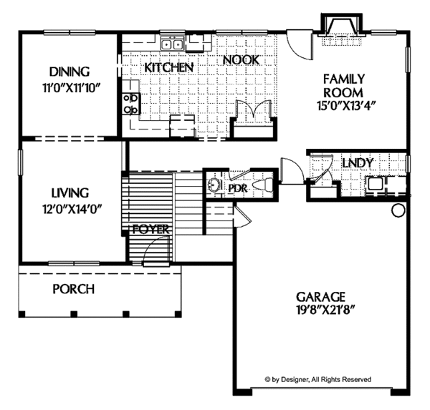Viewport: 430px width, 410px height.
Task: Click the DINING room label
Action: pyautogui.click(x=70, y=72)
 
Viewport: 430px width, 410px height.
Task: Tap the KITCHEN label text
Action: pyautogui.click(x=170, y=67)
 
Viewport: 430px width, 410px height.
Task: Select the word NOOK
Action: pyautogui.click(x=241, y=61)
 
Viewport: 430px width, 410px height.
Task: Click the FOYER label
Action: pyautogui.click(x=150, y=230)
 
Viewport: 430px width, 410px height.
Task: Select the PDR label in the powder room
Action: pyautogui.click(x=237, y=187)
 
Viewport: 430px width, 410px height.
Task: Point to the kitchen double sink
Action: pyautogui.click(x=172, y=45)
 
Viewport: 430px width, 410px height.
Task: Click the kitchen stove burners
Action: pyautogui.click(x=131, y=104)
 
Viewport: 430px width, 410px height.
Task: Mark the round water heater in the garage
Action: pyautogui.click(x=398, y=211)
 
